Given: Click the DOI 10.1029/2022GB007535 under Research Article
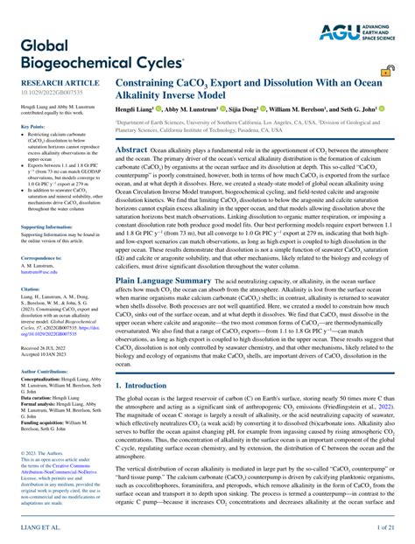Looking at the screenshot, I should (x=45, y=94).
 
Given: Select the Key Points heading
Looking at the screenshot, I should (x=32, y=126).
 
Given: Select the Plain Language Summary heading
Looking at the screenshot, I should (x=164, y=281).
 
